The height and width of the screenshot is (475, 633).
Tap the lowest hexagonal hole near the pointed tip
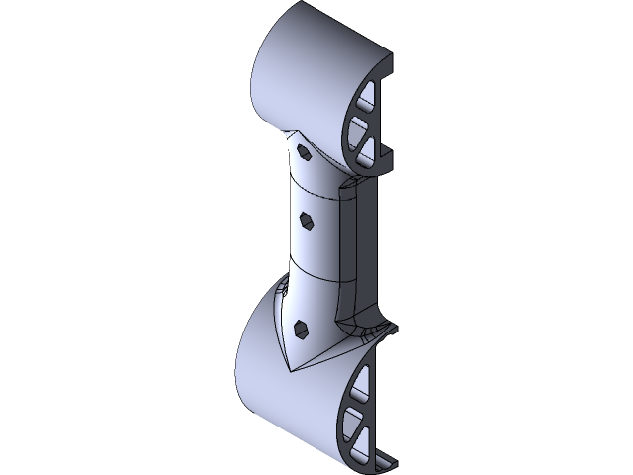coord(302,329)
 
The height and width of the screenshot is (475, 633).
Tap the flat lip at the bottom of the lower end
coord(381,463)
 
